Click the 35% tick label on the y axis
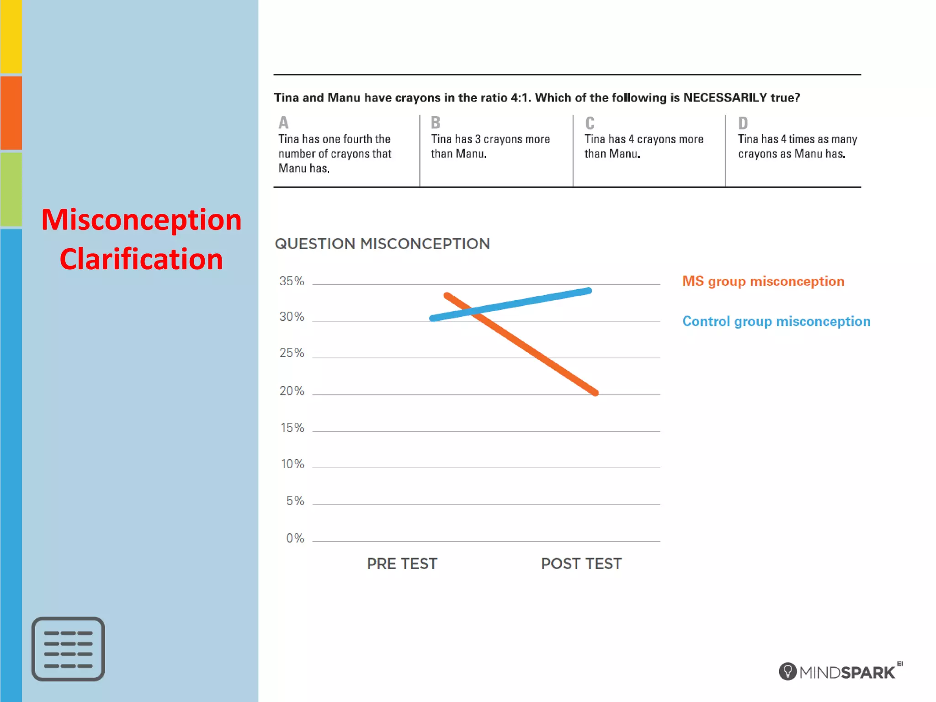(292, 281)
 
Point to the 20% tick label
(292, 391)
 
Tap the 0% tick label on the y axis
(295, 538)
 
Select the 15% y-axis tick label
(292, 428)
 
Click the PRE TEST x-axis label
(402, 564)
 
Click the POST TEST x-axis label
(581, 564)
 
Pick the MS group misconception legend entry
(763, 281)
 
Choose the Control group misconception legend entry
(776, 321)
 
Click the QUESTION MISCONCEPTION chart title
(382, 244)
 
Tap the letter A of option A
(283, 122)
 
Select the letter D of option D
(743, 123)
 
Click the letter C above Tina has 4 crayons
(590, 123)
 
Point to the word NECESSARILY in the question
(725, 98)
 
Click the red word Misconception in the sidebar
(141, 219)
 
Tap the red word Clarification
(141, 259)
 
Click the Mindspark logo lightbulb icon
(787, 671)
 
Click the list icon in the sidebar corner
(68, 649)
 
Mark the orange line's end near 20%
(595, 392)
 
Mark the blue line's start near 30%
(433, 318)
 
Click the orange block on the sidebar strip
(11, 112)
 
